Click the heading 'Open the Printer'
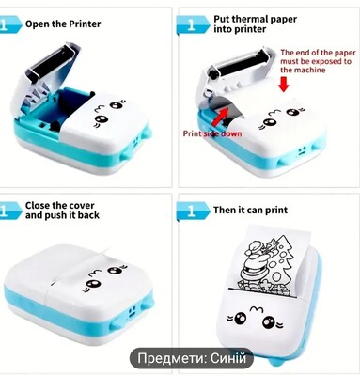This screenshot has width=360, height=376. coord(63,24)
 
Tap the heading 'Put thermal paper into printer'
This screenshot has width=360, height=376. coord(255,24)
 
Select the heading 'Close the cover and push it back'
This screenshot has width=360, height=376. coord(62,211)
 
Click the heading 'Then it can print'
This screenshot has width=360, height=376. coord(250,210)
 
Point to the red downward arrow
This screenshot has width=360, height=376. coord(284,84)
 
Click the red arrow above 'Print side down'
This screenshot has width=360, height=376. coord(222,117)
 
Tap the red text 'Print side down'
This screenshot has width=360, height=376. coord(212,133)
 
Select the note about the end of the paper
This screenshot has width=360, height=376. coord(318,61)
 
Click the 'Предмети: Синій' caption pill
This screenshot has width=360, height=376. coord(192,358)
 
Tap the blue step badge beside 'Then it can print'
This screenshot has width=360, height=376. coord(193,211)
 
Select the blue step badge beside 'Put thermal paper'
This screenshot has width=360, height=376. coord(193,25)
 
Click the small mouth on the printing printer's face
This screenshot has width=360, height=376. coord(256,310)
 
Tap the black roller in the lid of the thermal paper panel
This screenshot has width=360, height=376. coord(240,65)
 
